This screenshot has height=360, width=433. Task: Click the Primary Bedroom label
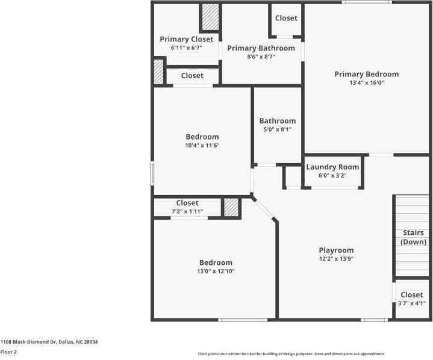(366, 74)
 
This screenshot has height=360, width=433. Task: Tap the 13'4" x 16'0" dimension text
(366, 83)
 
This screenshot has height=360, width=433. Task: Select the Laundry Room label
(332, 167)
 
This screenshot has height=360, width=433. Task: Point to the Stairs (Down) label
(413, 237)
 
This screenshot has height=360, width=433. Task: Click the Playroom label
(336, 250)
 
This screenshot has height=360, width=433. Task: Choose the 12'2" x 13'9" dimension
(336, 259)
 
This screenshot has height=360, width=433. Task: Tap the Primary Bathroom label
(261, 48)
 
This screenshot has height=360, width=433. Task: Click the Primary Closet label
(187, 39)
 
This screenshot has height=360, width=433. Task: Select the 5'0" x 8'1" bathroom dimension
(277, 129)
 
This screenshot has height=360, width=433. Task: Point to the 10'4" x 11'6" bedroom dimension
(202, 145)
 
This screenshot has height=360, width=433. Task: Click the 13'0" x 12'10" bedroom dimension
(216, 272)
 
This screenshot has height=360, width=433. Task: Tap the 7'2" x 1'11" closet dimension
(187, 212)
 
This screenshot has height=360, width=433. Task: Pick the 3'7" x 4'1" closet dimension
(412, 303)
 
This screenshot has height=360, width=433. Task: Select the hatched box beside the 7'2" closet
(231, 208)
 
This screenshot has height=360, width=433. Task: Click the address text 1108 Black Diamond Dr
(49, 342)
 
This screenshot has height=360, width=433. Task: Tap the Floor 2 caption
(9, 352)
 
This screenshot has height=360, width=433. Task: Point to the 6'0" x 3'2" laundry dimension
(332, 176)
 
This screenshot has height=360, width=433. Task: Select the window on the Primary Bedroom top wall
(367, 2)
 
